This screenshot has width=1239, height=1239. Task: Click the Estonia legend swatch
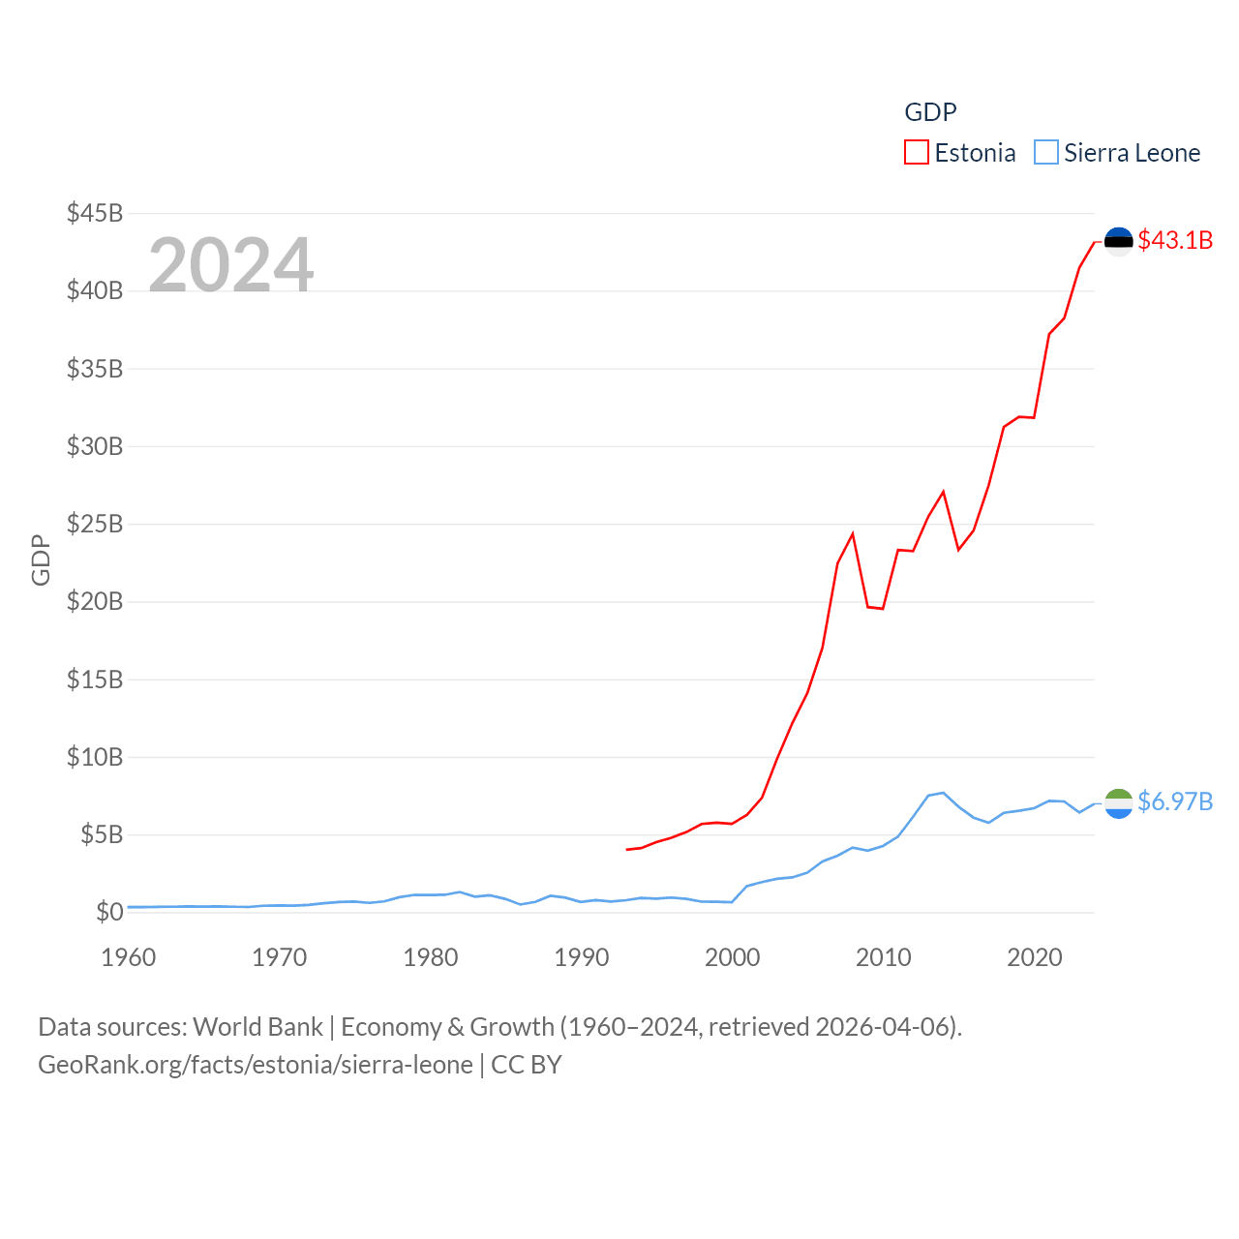917,153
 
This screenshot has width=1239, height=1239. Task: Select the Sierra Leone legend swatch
1046,153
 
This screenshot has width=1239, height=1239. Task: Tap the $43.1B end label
1175,240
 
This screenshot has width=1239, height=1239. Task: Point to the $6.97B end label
1175,801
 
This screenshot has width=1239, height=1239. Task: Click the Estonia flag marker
1118,240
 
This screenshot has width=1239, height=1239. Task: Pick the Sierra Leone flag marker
1118,802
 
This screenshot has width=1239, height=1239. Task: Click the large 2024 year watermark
230,264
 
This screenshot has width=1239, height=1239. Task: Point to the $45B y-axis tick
95,213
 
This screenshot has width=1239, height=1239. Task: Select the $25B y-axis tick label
95,524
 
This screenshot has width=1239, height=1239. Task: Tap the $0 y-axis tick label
109,912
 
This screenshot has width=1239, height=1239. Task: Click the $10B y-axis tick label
95,757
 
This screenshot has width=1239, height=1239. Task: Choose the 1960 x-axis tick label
129,957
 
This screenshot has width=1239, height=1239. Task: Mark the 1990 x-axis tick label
582,957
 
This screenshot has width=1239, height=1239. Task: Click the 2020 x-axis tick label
1035,957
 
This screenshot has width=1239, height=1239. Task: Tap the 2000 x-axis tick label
733,957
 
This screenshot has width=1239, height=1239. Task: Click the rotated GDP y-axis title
41,559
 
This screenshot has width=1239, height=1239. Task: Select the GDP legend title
930,112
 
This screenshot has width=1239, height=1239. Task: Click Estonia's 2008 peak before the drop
853,533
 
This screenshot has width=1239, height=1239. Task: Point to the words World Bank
258,1026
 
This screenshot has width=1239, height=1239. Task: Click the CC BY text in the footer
527,1065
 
